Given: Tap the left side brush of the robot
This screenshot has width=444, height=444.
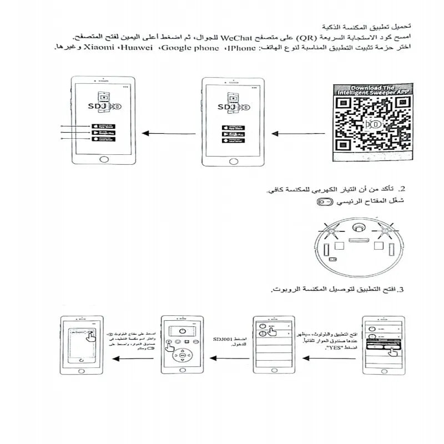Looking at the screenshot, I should [x=331, y=229].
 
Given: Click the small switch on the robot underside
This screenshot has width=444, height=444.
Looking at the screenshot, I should [x=332, y=259].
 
